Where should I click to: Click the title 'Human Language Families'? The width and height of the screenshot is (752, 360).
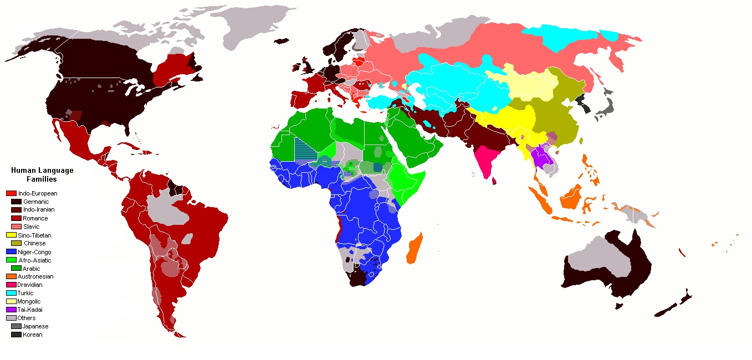tap(42, 175)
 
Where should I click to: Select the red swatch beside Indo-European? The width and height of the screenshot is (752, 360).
tap(11, 193)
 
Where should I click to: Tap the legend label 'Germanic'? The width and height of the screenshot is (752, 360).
tap(35, 202)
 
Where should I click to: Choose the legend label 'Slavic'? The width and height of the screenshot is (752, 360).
tap(31, 227)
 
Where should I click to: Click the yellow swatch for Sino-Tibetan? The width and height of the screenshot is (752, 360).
tap(11, 235)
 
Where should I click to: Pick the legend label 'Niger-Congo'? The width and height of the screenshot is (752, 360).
tap(34, 252)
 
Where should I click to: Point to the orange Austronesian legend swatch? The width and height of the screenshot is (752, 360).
tap(11, 276)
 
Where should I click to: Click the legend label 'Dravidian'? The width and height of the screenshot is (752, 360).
tap(30, 285)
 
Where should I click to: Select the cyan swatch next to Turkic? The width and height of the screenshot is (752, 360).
tap(11, 293)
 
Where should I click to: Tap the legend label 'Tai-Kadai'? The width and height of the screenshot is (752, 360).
tap(30, 310)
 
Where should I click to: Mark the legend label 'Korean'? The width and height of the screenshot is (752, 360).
tap(32, 335)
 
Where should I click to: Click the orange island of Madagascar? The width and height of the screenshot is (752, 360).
tap(415, 248)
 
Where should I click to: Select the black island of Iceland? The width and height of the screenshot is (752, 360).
tap(282, 40)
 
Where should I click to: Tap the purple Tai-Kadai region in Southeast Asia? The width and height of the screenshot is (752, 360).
tap(540, 158)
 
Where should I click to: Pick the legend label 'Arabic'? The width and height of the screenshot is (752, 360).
tap(31, 269)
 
